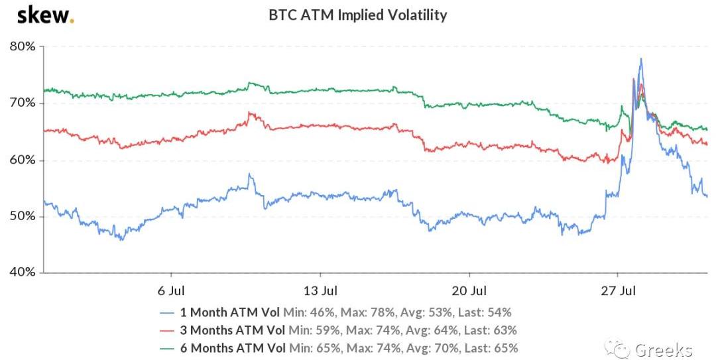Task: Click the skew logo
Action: [45, 15]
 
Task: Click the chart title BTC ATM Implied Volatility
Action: [358, 15]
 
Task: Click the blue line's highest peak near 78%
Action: [640, 59]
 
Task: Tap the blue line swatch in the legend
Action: [168, 312]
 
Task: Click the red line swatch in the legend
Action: [168, 330]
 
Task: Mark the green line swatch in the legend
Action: [168, 348]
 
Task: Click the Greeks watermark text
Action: [664, 349]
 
